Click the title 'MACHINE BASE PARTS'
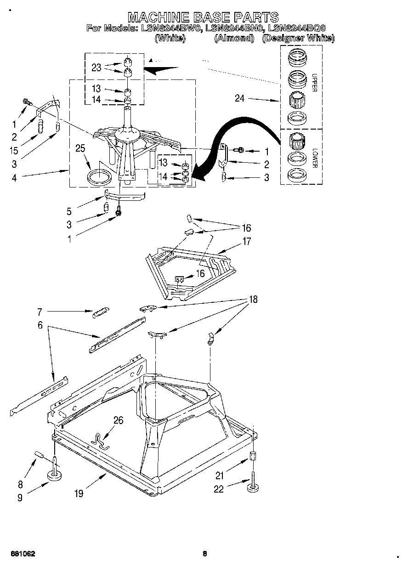click(203, 17)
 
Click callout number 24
click(240, 98)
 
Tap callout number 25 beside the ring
click(80, 148)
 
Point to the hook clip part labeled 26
click(100, 440)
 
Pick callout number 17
click(247, 241)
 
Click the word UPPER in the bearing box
click(314, 83)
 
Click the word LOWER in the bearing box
click(314, 157)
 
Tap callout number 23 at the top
click(96, 67)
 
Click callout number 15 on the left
click(14, 150)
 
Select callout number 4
click(14, 178)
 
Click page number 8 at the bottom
click(204, 554)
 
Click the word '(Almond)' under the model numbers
click(234, 39)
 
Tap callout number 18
click(252, 300)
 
